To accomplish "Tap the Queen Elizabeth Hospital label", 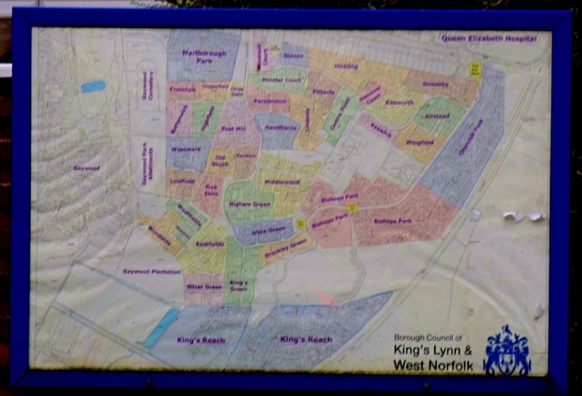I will (488, 39).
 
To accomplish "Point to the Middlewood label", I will (282, 182).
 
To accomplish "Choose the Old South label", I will (220, 161).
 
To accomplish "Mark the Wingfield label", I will (419, 143).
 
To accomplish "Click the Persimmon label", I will (269, 101).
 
